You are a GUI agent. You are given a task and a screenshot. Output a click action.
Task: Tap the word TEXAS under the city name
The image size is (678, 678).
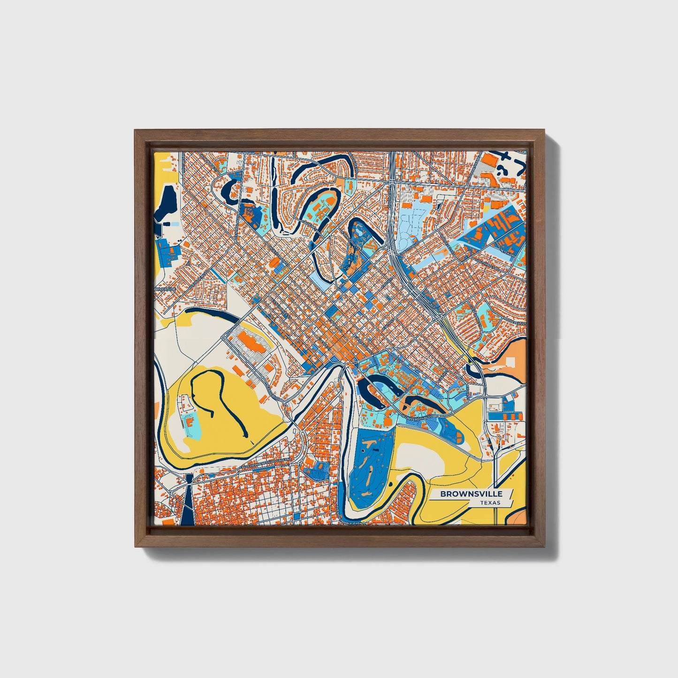pos(490,503)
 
